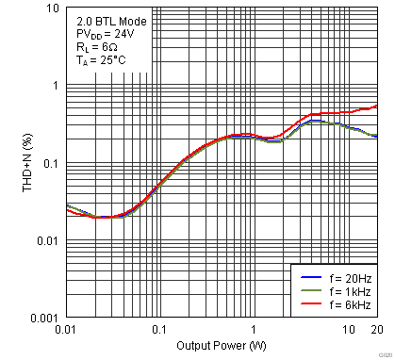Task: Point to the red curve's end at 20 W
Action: coord(376,106)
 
